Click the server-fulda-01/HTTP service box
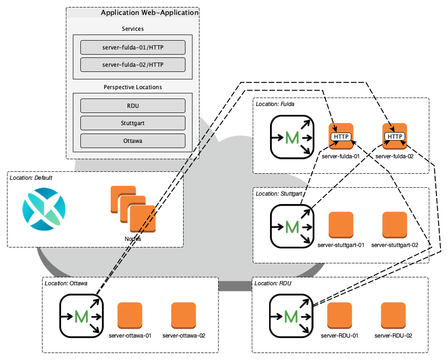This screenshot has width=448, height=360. [x=133, y=47]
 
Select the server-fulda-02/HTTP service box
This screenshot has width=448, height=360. [x=133, y=64]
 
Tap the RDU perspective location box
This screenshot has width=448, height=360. [x=133, y=106]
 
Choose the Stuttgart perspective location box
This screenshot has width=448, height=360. [x=133, y=123]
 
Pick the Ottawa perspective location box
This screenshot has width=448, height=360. [x=133, y=141]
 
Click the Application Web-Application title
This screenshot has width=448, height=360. [x=149, y=13]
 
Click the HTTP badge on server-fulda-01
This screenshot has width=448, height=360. [x=341, y=136]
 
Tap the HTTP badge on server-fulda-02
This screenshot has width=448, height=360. [x=395, y=136]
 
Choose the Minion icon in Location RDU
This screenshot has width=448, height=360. [x=291, y=316]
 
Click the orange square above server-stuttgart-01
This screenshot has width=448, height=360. [x=341, y=225]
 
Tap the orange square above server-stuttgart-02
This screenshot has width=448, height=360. [x=395, y=225]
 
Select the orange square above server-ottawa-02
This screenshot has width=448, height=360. [x=184, y=315]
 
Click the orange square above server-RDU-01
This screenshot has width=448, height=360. [x=340, y=315]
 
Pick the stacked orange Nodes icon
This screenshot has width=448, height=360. [x=133, y=209]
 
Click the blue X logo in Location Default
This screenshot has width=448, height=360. [x=44, y=209]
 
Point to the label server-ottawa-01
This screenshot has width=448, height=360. [x=130, y=335]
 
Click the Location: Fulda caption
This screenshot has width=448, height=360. [x=275, y=104]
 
